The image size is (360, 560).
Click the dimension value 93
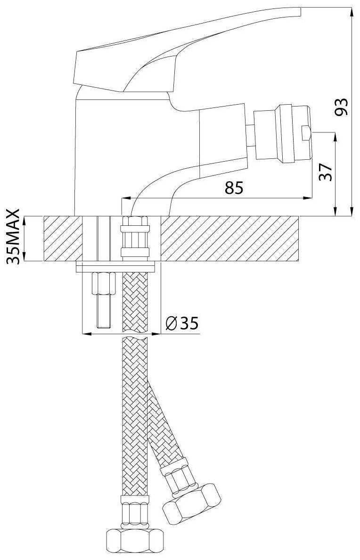point(341,107)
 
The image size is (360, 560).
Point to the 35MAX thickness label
point(13,237)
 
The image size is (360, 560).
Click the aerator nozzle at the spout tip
point(282,134)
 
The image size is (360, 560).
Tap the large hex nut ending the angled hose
point(191,502)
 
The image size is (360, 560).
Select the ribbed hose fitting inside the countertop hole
point(135,237)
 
